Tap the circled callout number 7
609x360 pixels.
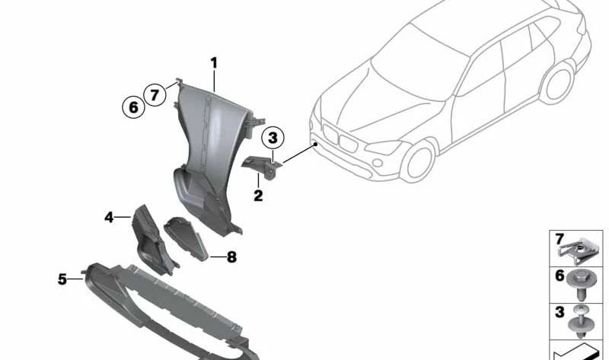click(x=155, y=95)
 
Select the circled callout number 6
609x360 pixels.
click(x=133, y=108)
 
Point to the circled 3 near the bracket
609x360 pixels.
click(x=273, y=139)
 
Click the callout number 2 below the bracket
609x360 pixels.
click(x=258, y=196)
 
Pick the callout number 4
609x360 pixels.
click(x=109, y=218)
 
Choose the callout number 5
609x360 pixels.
click(x=62, y=279)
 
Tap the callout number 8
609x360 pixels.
click(x=231, y=257)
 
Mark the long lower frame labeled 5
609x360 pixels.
click(x=167, y=304)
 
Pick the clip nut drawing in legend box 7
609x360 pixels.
click(x=576, y=246)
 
